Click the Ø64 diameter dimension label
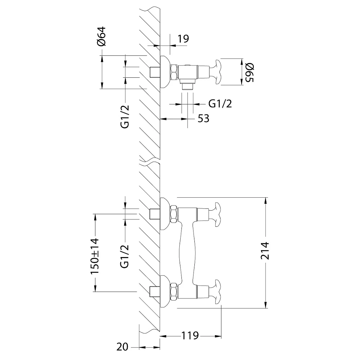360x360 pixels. (x=102, y=36)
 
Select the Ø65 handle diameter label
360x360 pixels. (x=249, y=73)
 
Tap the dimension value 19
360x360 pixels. (x=183, y=39)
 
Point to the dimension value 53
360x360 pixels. (x=203, y=119)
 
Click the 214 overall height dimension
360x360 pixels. (x=265, y=251)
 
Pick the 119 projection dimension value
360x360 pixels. (x=190, y=336)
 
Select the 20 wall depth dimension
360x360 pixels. (x=122, y=347)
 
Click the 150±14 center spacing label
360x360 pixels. (x=95, y=256)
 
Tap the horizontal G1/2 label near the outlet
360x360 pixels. (x=220, y=104)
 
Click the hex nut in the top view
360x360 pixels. (x=174, y=72)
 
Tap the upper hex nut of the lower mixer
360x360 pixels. (x=174, y=215)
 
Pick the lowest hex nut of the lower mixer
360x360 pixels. (x=174, y=292)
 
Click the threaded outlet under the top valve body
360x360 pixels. (x=187, y=87)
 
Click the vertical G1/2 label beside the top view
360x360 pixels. (x=125, y=117)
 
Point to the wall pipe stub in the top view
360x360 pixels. (x=155, y=72)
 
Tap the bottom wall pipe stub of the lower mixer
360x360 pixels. (x=155, y=292)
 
